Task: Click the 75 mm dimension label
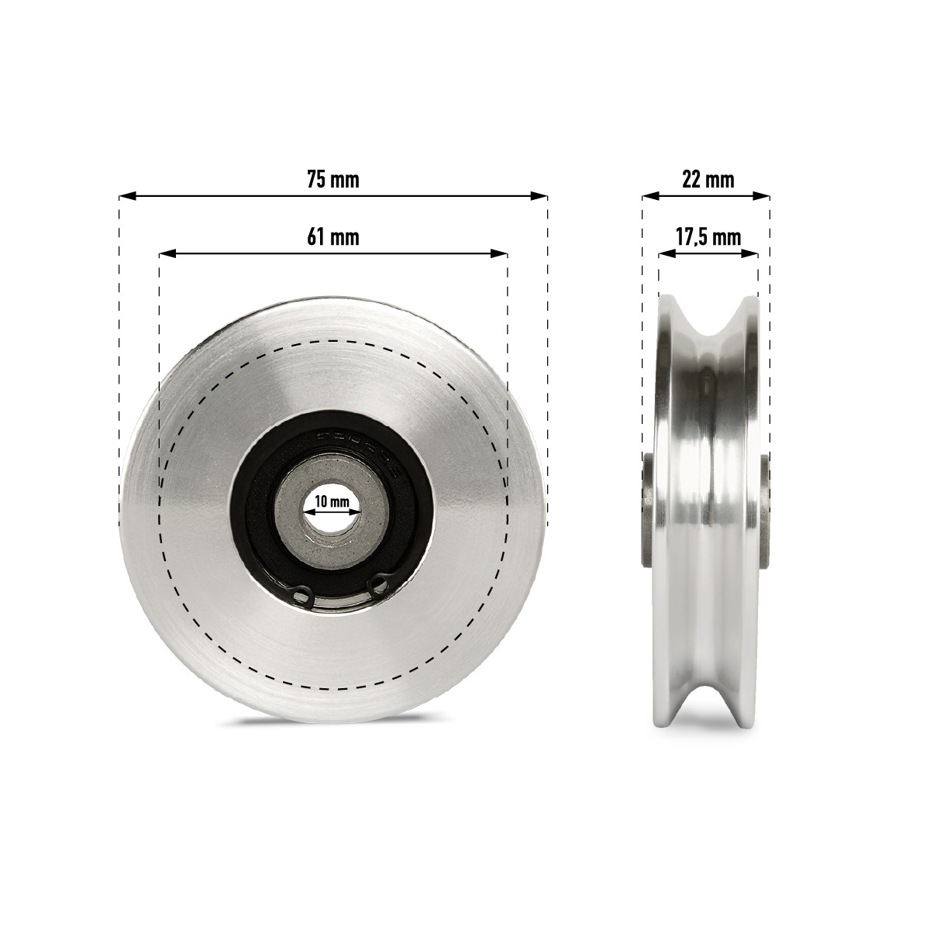tap(333, 180)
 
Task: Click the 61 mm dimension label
tap(333, 237)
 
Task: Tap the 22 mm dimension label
tap(708, 180)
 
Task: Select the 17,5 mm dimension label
tap(708, 237)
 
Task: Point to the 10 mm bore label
tap(332, 501)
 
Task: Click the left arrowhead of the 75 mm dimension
tap(127, 196)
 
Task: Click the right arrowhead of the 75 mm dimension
tap(539, 196)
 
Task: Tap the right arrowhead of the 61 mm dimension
tap(499, 253)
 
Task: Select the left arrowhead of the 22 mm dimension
tap(650, 196)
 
